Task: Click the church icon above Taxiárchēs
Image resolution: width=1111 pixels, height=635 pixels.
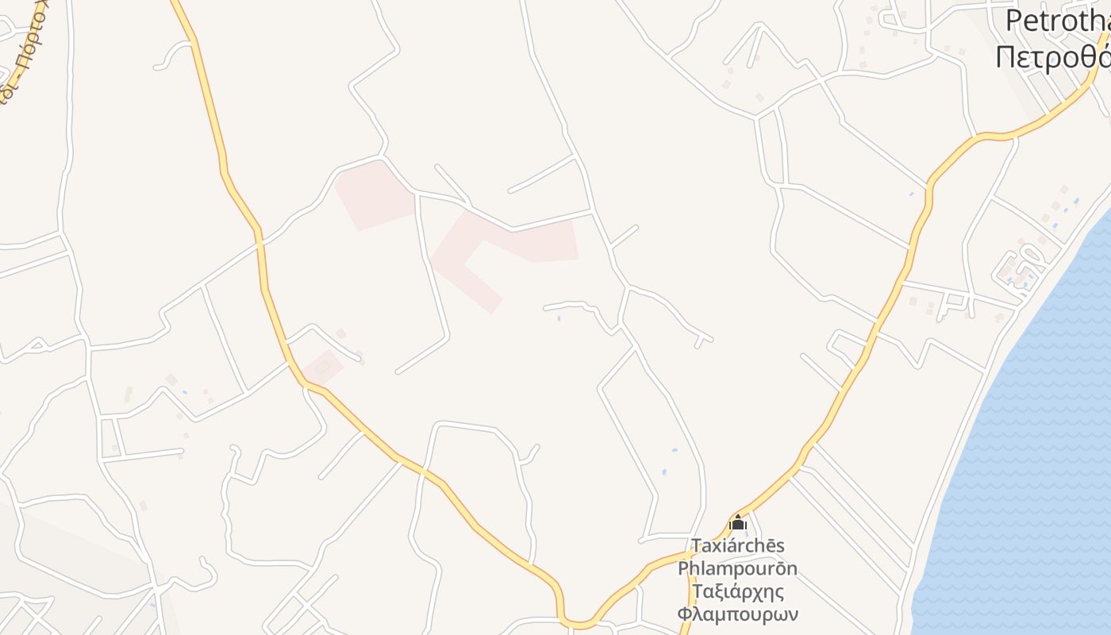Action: point(738,523)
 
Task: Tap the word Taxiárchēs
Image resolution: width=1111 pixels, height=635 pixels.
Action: point(738,546)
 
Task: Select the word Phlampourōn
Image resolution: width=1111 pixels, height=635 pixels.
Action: point(737,569)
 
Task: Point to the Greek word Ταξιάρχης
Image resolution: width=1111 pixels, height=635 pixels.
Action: point(738,592)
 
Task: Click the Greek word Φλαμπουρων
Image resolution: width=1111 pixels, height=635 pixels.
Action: point(738,614)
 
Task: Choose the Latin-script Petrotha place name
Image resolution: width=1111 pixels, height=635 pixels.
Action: point(1058,21)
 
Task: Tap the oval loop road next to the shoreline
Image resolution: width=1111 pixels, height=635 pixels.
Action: point(1020,266)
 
